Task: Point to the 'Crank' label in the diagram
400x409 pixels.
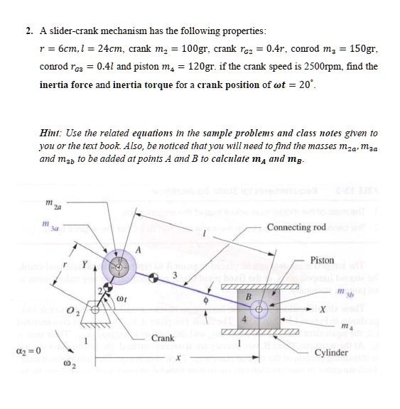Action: pos(162,338)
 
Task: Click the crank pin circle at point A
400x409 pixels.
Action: pos(120,269)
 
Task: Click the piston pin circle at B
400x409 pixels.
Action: pos(260,310)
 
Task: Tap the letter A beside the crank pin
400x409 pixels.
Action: pos(141,249)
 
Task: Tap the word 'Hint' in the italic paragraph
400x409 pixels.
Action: pos(50,133)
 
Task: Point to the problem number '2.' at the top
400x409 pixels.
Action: pos(29,31)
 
